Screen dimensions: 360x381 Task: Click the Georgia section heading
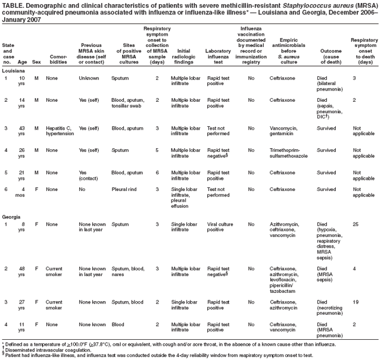click(12, 217)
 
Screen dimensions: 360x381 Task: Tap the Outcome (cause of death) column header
click(331, 57)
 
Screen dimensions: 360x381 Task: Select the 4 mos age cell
click(20, 192)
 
